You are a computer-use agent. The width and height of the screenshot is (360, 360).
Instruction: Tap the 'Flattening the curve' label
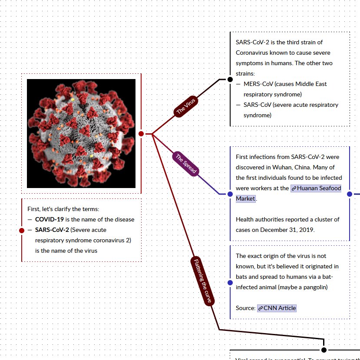202,281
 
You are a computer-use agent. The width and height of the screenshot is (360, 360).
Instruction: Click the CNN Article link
277,308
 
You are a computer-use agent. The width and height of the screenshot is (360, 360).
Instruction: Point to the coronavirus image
81,133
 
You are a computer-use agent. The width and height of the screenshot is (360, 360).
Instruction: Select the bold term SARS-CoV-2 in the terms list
52,230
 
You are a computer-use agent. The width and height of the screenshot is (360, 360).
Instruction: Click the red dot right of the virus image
141,134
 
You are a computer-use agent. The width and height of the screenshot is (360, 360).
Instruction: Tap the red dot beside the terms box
22,230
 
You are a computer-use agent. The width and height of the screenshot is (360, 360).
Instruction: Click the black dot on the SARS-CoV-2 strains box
230,79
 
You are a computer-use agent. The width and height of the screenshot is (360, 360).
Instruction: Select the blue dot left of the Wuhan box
230,194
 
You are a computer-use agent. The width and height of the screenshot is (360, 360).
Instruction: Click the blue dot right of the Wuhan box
350,194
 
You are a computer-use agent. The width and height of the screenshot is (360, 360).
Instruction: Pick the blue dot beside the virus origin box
230,283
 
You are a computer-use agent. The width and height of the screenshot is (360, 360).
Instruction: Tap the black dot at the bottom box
324,350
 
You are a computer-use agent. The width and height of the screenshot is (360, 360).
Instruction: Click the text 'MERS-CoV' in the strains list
258,84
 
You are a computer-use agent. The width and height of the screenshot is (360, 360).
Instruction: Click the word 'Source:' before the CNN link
245,308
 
